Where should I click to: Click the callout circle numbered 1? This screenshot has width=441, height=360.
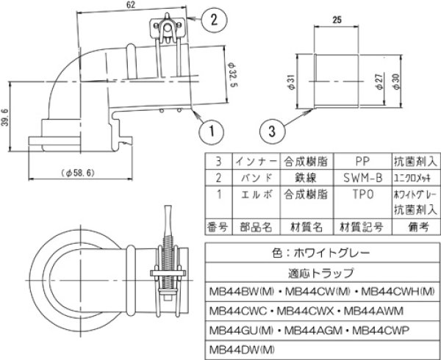(210, 132)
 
